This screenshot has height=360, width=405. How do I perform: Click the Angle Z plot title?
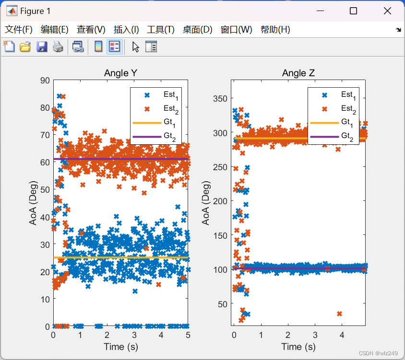tap(298, 73)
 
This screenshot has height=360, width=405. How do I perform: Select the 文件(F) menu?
tap(19, 30)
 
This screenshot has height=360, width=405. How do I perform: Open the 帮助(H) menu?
tap(275, 30)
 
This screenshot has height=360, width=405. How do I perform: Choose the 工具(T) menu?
tap(160, 30)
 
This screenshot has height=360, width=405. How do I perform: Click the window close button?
tap(387, 11)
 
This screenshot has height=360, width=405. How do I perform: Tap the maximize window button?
tap(353, 11)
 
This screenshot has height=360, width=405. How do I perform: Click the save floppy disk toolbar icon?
tap(42, 46)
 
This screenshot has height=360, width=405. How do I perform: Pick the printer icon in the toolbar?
tap(58, 46)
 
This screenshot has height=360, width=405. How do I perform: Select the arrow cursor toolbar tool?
tap(136, 46)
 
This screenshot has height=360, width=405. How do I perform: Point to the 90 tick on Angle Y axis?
tap(44, 81)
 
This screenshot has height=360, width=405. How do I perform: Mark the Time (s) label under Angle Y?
tap(121, 347)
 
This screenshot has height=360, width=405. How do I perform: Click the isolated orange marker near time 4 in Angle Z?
tap(340, 314)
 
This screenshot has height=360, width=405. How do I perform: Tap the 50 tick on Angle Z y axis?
tap(222, 303)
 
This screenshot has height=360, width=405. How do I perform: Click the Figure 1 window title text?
tap(35, 11)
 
